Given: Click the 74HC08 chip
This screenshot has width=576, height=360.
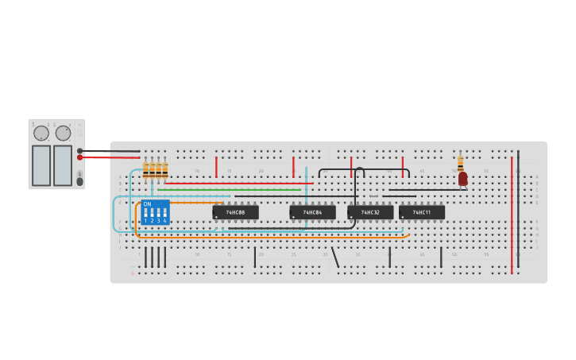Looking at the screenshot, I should click(x=235, y=212).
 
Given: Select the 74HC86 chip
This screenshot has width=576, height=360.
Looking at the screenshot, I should click(x=312, y=212).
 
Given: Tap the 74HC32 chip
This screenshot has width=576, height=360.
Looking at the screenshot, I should click(x=370, y=212).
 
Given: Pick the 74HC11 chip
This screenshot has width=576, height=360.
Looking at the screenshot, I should click(x=422, y=212).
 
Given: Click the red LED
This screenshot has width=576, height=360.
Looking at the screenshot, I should click(x=462, y=179).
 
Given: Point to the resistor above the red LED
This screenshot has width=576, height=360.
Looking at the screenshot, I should click(x=460, y=162).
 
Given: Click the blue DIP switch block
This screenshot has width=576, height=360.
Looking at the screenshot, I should click(x=155, y=212).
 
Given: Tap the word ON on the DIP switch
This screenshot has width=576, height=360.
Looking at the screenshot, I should click(x=147, y=204).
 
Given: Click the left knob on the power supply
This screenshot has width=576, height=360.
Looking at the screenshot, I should click(x=41, y=134).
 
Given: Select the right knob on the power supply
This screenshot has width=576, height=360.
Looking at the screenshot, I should click(x=63, y=134).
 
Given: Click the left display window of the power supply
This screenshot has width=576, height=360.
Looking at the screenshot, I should click(x=41, y=165).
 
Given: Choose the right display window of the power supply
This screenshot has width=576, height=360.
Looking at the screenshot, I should click(x=63, y=165).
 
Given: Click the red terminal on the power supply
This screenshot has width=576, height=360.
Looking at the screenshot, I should click(x=80, y=157).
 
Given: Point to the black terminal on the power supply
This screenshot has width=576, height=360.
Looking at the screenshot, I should click(x=80, y=150).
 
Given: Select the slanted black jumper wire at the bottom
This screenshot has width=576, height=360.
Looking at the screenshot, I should click(x=334, y=257).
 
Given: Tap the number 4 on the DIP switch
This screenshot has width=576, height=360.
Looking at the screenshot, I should click(x=164, y=220).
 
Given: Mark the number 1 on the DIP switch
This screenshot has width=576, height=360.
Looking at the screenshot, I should click(x=145, y=220).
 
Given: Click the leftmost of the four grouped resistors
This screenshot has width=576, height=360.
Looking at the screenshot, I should click(x=145, y=169).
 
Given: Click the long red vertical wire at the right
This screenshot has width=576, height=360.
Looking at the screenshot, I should click(x=512, y=215).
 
